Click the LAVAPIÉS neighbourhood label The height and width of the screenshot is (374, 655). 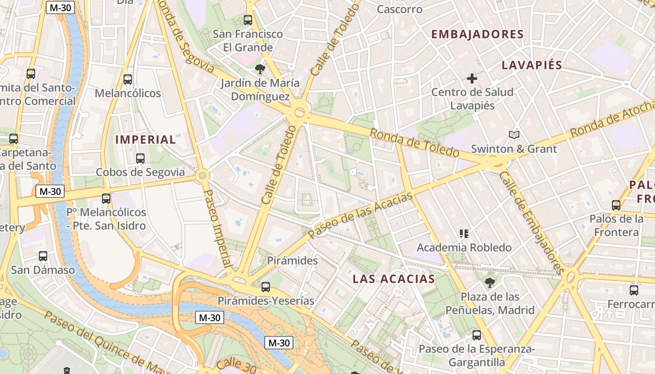531,65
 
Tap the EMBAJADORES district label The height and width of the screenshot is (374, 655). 477,34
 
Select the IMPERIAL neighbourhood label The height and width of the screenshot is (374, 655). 146,139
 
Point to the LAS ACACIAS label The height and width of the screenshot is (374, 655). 393,279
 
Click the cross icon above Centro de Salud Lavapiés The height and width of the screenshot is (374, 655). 472,78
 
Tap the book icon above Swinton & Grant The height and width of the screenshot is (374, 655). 514,135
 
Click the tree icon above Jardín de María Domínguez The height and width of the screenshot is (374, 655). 260,70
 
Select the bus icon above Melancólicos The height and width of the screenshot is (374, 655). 128,79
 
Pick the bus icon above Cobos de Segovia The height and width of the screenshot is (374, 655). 140,158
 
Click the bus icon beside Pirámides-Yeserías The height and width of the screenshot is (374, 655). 266,287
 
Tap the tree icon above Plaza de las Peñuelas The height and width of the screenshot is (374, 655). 490,282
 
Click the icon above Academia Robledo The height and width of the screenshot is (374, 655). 464,233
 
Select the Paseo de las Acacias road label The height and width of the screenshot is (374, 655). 360,216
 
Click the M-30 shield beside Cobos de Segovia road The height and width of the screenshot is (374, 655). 50,191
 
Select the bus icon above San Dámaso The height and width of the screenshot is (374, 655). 43,256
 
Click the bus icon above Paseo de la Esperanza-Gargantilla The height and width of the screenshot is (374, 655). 476,335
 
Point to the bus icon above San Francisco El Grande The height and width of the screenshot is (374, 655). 248,20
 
